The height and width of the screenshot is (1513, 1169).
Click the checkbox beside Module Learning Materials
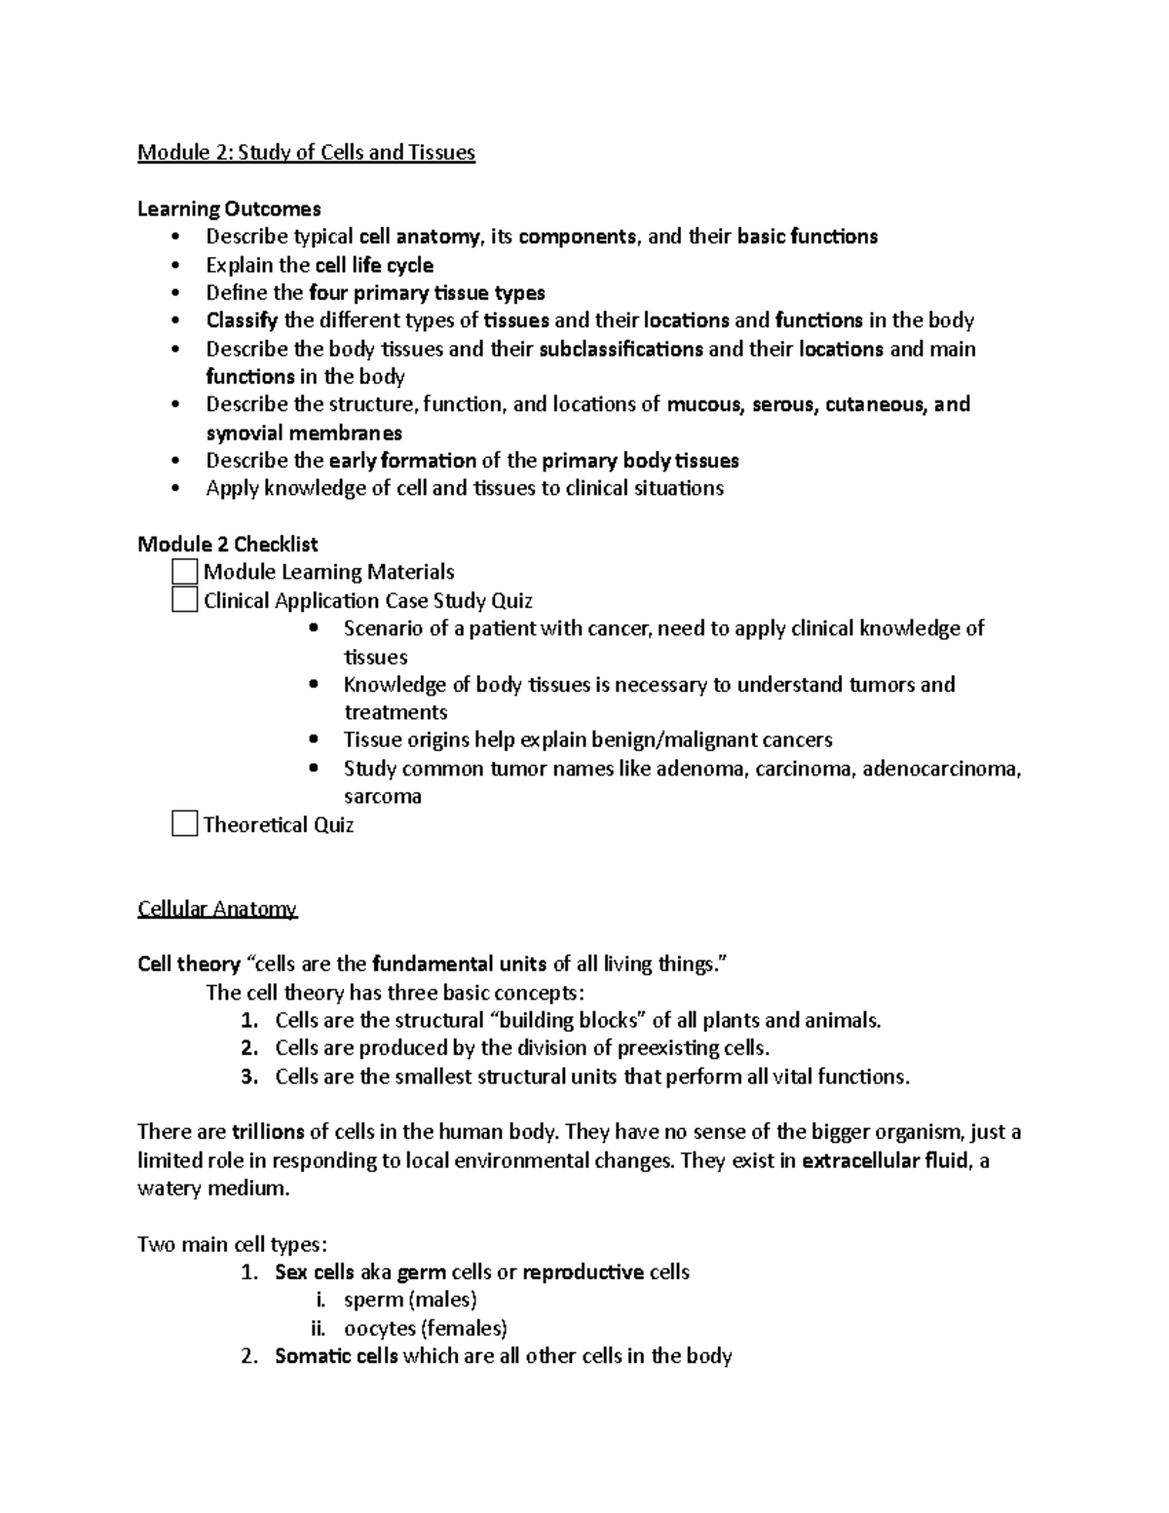[184, 571]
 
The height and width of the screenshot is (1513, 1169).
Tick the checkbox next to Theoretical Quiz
[184, 824]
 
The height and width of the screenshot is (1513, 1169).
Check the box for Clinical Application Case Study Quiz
[184, 599]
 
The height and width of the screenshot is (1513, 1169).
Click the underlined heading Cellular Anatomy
[217, 909]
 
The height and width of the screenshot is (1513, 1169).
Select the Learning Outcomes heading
[229, 208]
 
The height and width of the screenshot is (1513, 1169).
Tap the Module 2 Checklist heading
[228, 544]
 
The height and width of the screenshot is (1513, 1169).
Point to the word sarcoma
[383, 796]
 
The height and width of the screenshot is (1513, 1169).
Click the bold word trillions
[268, 1132]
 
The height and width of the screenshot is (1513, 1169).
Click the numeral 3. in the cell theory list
[249, 1077]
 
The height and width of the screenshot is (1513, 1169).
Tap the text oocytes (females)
[426, 1328]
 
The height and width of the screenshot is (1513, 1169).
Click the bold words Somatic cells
[336, 1356]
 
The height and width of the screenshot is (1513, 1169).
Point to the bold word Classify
[242, 321]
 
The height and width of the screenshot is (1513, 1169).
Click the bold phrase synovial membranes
[304, 433]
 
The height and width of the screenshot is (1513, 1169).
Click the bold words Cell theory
[189, 965]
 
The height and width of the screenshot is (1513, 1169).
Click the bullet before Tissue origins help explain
[313, 740]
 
